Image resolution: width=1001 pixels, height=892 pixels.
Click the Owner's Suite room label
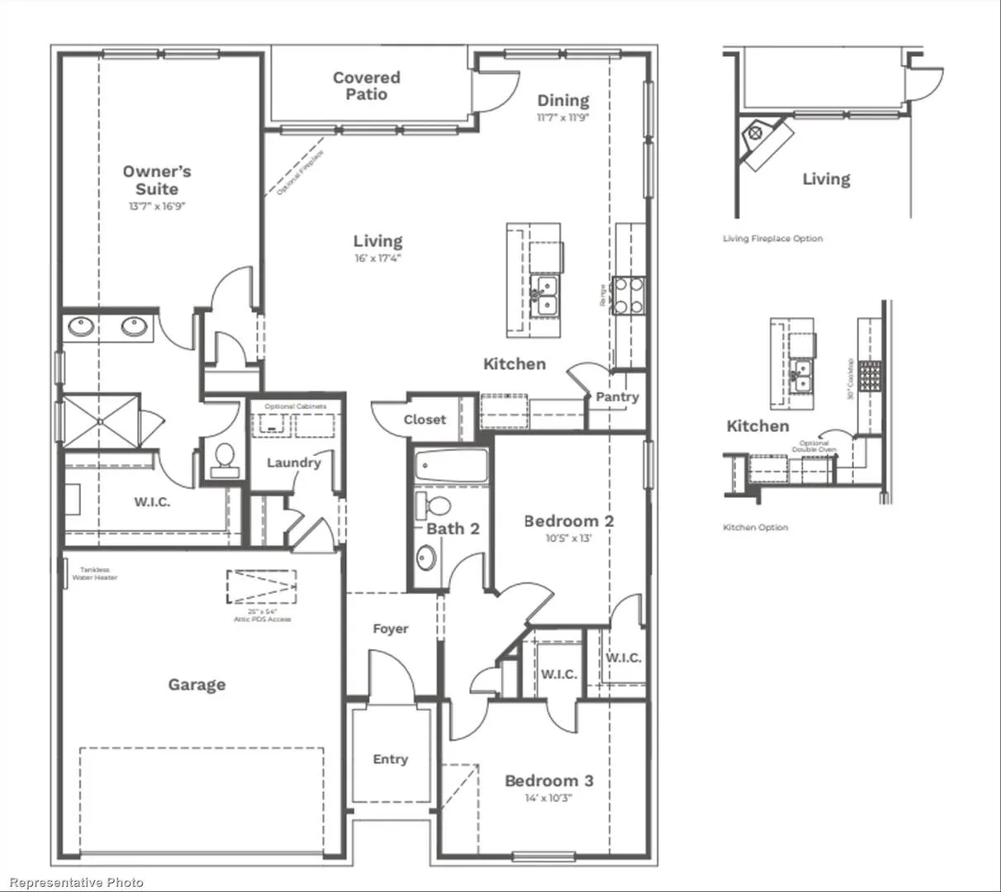point(157,180)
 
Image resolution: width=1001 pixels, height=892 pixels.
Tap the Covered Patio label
point(367,86)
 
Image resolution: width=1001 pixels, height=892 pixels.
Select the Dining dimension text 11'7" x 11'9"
point(562,117)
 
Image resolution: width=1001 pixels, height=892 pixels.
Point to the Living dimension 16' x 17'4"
point(377,258)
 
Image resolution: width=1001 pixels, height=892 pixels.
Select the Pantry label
point(617,396)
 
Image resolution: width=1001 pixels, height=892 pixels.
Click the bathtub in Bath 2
point(451,467)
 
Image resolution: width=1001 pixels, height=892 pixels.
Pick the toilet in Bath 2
point(433,505)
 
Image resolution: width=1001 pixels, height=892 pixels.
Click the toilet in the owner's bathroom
point(223,459)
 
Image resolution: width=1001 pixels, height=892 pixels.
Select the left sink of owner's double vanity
point(81,327)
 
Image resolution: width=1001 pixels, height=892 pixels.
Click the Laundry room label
point(293,463)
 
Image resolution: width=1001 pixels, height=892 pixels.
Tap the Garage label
point(197,684)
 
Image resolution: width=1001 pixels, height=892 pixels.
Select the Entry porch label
point(390,759)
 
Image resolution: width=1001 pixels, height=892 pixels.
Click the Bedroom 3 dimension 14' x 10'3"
point(548,798)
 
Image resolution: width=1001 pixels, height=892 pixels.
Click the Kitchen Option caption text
point(755,527)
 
